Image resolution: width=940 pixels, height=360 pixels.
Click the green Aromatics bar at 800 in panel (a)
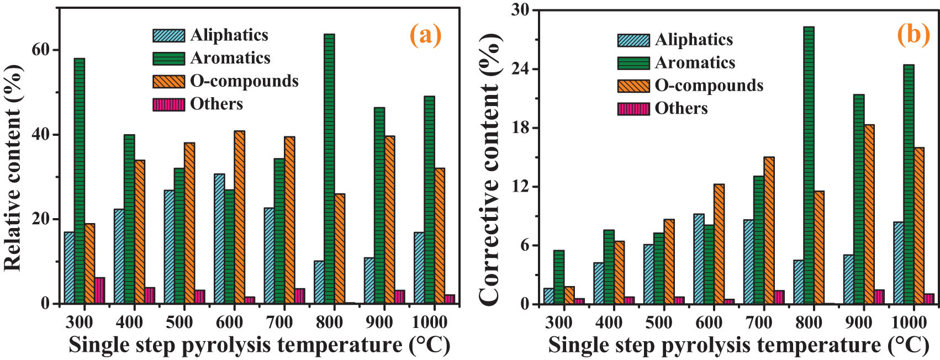(x=329, y=168)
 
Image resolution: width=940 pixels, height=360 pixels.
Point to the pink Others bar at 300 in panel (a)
(x=99, y=290)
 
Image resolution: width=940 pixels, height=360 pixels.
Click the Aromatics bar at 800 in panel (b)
(x=809, y=165)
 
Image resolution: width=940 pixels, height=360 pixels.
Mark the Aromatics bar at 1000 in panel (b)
(x=909, y=184)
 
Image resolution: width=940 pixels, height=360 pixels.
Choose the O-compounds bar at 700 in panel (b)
(x=769, y=230)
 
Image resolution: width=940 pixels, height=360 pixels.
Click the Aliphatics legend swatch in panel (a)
(x=168, y=35)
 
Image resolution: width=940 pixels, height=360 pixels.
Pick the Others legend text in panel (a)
(x=216, y=104)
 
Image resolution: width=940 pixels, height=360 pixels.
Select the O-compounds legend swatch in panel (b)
(x=633, y=86)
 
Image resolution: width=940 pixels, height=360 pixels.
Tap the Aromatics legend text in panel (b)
(x=695, y=63)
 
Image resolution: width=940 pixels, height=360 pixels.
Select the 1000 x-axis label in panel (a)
(x=430, y=322)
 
